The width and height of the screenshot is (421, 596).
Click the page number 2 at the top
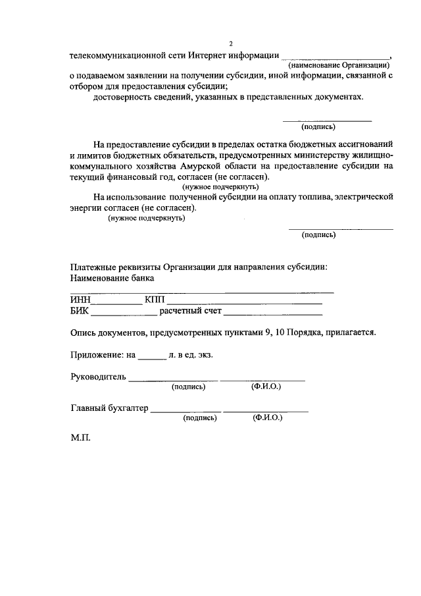(x=231, y=43)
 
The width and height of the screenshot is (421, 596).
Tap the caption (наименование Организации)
(x=339, y=65)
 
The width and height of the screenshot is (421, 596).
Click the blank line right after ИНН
(x=117, y=303)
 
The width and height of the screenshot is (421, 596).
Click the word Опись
(x=84, y=333)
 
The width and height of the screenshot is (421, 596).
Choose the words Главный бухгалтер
(x=109, y=408)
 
